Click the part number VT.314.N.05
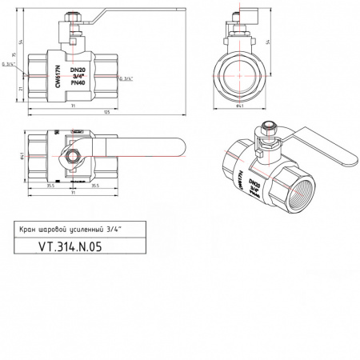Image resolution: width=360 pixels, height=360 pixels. click(x=70, y=247)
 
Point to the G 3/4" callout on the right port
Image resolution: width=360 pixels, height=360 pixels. click(x=126, y=78)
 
